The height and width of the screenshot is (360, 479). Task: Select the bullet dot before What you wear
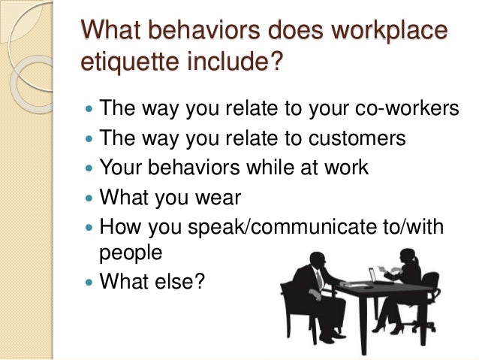[89, 197]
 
